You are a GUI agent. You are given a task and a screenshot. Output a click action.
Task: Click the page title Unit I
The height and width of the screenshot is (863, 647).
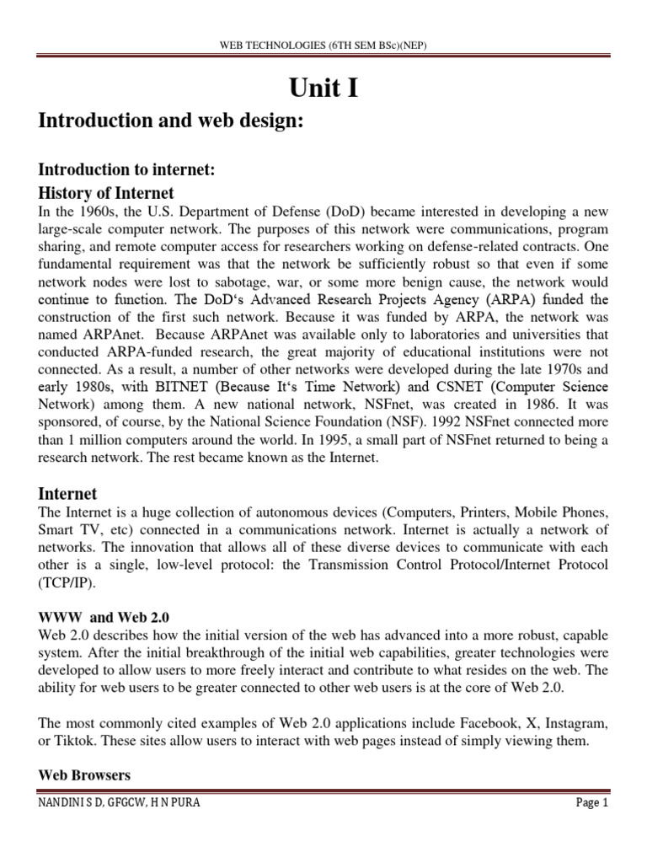(323, 87)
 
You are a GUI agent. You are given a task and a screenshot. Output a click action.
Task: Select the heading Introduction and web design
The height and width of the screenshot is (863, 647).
(170, 121)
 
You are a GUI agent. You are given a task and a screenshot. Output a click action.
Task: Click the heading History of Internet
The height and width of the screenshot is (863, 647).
(106, 193)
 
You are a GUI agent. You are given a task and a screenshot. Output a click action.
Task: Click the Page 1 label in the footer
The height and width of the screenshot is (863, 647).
(591, 803)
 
